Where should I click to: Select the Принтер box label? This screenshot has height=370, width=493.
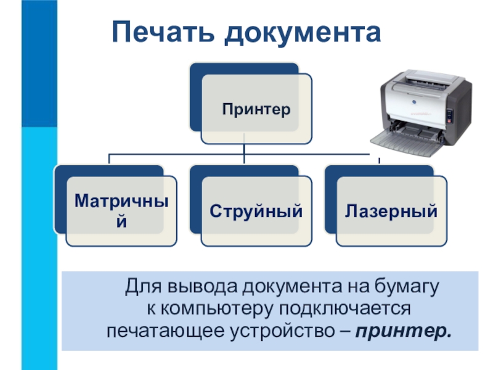pyautogui.click(x=256, y=110)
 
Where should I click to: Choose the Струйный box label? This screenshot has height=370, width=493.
pyautogui.click(x=256, y=212)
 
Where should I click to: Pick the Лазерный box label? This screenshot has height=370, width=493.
pyautogui.click(x=391, y=212)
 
